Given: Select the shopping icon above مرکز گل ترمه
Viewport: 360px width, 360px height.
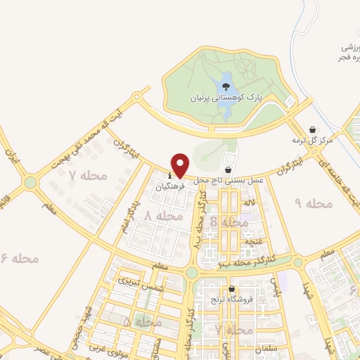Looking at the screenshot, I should pyautogui.click(x=312, y=129).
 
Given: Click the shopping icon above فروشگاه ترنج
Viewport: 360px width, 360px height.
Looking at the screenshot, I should pyautogui.click(x=231, y=289).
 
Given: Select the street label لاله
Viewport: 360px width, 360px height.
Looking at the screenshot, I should pyautogui.click(x=250, y=202).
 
